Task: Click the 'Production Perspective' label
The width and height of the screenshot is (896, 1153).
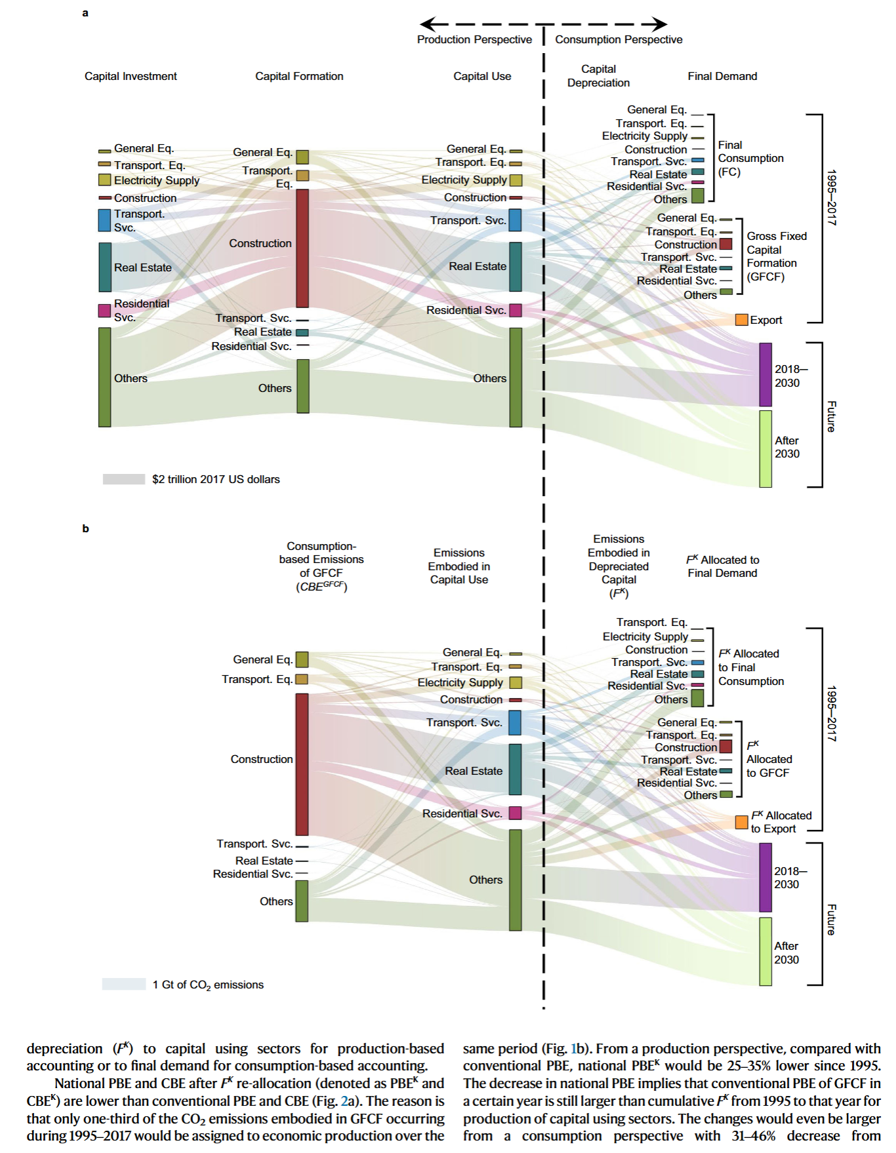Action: click(x=474, y=39)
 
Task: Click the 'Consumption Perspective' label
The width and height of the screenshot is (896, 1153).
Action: click(x=619, y=39)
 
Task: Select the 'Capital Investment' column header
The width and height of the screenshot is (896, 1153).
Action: click(x=131, y=76)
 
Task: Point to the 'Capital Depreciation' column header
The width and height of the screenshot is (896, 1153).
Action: click(x=598, y=76)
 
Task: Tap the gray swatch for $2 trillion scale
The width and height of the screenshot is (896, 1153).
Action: click(x=124, y=479)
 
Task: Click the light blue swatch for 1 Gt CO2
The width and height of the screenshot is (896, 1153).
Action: click(x=124, y=984)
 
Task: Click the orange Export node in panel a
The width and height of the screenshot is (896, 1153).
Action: click(x=742, y=320)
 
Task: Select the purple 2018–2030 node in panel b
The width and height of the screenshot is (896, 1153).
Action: click(x=765, y=878)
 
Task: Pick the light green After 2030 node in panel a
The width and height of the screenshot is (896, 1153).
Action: click(x=765, y=449)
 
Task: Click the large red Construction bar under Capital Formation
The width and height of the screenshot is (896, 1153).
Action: click(x=302, y=248)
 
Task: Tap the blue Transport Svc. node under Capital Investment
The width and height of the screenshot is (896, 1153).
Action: click(x=105, y=220)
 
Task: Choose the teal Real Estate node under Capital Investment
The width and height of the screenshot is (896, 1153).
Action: click(x=105, y=267)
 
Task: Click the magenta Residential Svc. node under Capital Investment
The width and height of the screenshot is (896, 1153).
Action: click(x=105, y=311)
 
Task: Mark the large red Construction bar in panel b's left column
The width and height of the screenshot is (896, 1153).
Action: click(x=302, y=764)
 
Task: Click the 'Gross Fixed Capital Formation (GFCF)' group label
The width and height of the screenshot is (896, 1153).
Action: click(x=777, y=256)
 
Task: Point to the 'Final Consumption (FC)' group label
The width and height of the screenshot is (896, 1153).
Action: click(x=750, y=159)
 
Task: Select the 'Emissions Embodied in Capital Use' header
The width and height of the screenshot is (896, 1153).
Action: click(x=459, y=566)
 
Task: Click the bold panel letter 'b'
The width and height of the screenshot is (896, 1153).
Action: click(x=85, y=528)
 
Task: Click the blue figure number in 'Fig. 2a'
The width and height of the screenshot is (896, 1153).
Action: click(x=344, y=1101)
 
